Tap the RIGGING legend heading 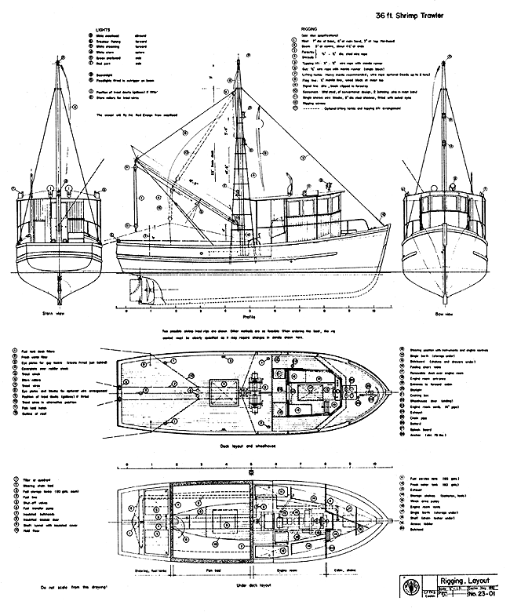pos(300,36)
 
